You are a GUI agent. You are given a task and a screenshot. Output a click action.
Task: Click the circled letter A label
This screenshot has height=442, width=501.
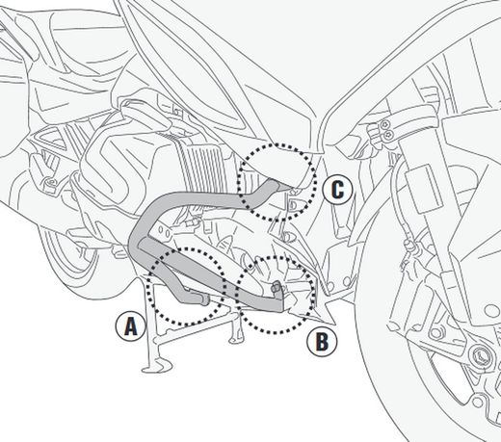(x=128, y=325)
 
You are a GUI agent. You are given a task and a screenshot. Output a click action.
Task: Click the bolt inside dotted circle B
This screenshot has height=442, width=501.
(x=277, y=286)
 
